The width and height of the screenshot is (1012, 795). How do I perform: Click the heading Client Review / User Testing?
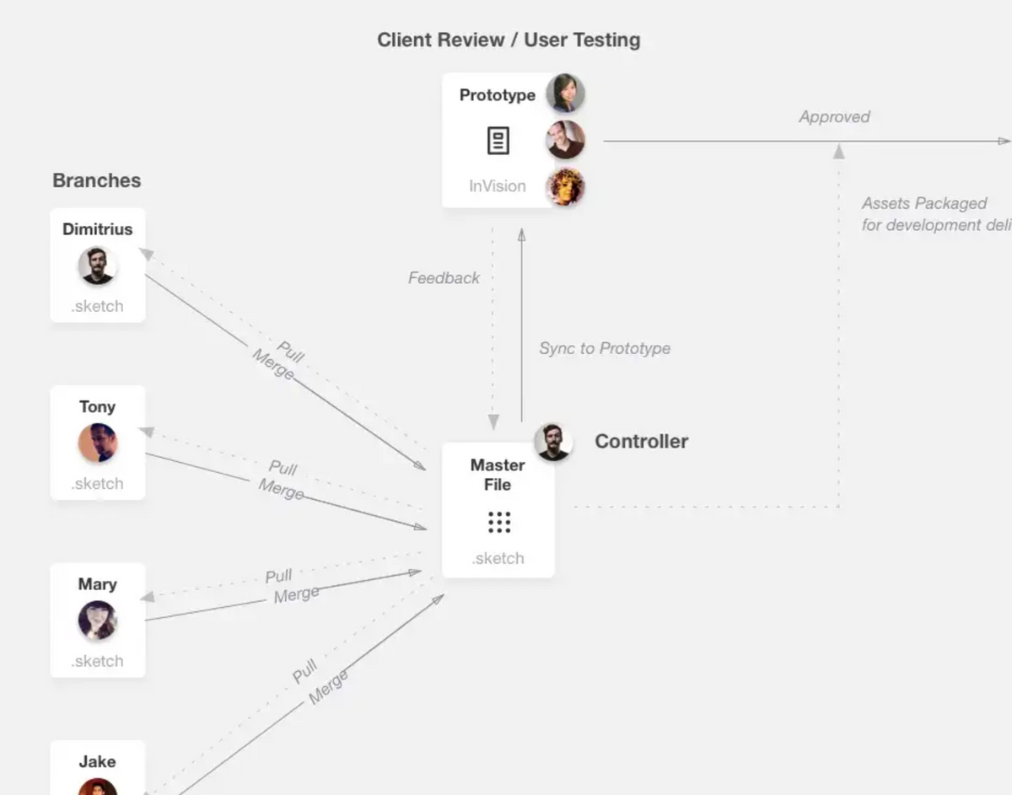[x=509, y=40]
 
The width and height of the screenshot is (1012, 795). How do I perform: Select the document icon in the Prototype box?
[x=498, y=141]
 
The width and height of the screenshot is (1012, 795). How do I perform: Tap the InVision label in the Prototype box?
[x=497, y=186]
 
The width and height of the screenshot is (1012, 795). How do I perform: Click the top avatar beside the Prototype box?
[x=565, y=94]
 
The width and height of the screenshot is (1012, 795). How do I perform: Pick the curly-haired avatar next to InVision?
[x=565, y=186]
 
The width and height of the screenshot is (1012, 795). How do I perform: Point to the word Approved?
[x=834, y=117]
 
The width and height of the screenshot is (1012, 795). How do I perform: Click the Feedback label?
[x=444, y=278]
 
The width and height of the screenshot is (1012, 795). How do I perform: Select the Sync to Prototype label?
[x=605, y=349]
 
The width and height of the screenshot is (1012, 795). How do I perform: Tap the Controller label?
[x=641, y=441]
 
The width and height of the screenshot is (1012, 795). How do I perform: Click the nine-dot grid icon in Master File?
[x=498, y=522]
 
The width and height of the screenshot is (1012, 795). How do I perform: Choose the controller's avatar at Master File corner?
[x=553, y=442]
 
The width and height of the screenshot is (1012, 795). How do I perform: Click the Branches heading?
[x=96, y=180]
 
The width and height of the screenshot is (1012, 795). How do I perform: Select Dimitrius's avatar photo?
[x=97, y=266]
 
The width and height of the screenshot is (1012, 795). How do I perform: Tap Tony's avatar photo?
[x=97, y=443]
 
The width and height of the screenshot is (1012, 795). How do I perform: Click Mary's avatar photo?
[x=97, y=620]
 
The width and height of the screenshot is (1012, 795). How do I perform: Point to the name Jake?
[x=97, y=761]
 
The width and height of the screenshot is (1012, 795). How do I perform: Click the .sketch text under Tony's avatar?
[x=97, y=484]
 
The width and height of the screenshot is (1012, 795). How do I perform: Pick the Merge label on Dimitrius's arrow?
[x=273, y=365]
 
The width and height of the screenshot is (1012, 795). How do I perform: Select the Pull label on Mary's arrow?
[x=278, y=577]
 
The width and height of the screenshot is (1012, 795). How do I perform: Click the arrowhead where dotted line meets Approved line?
[x=838, y=151]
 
